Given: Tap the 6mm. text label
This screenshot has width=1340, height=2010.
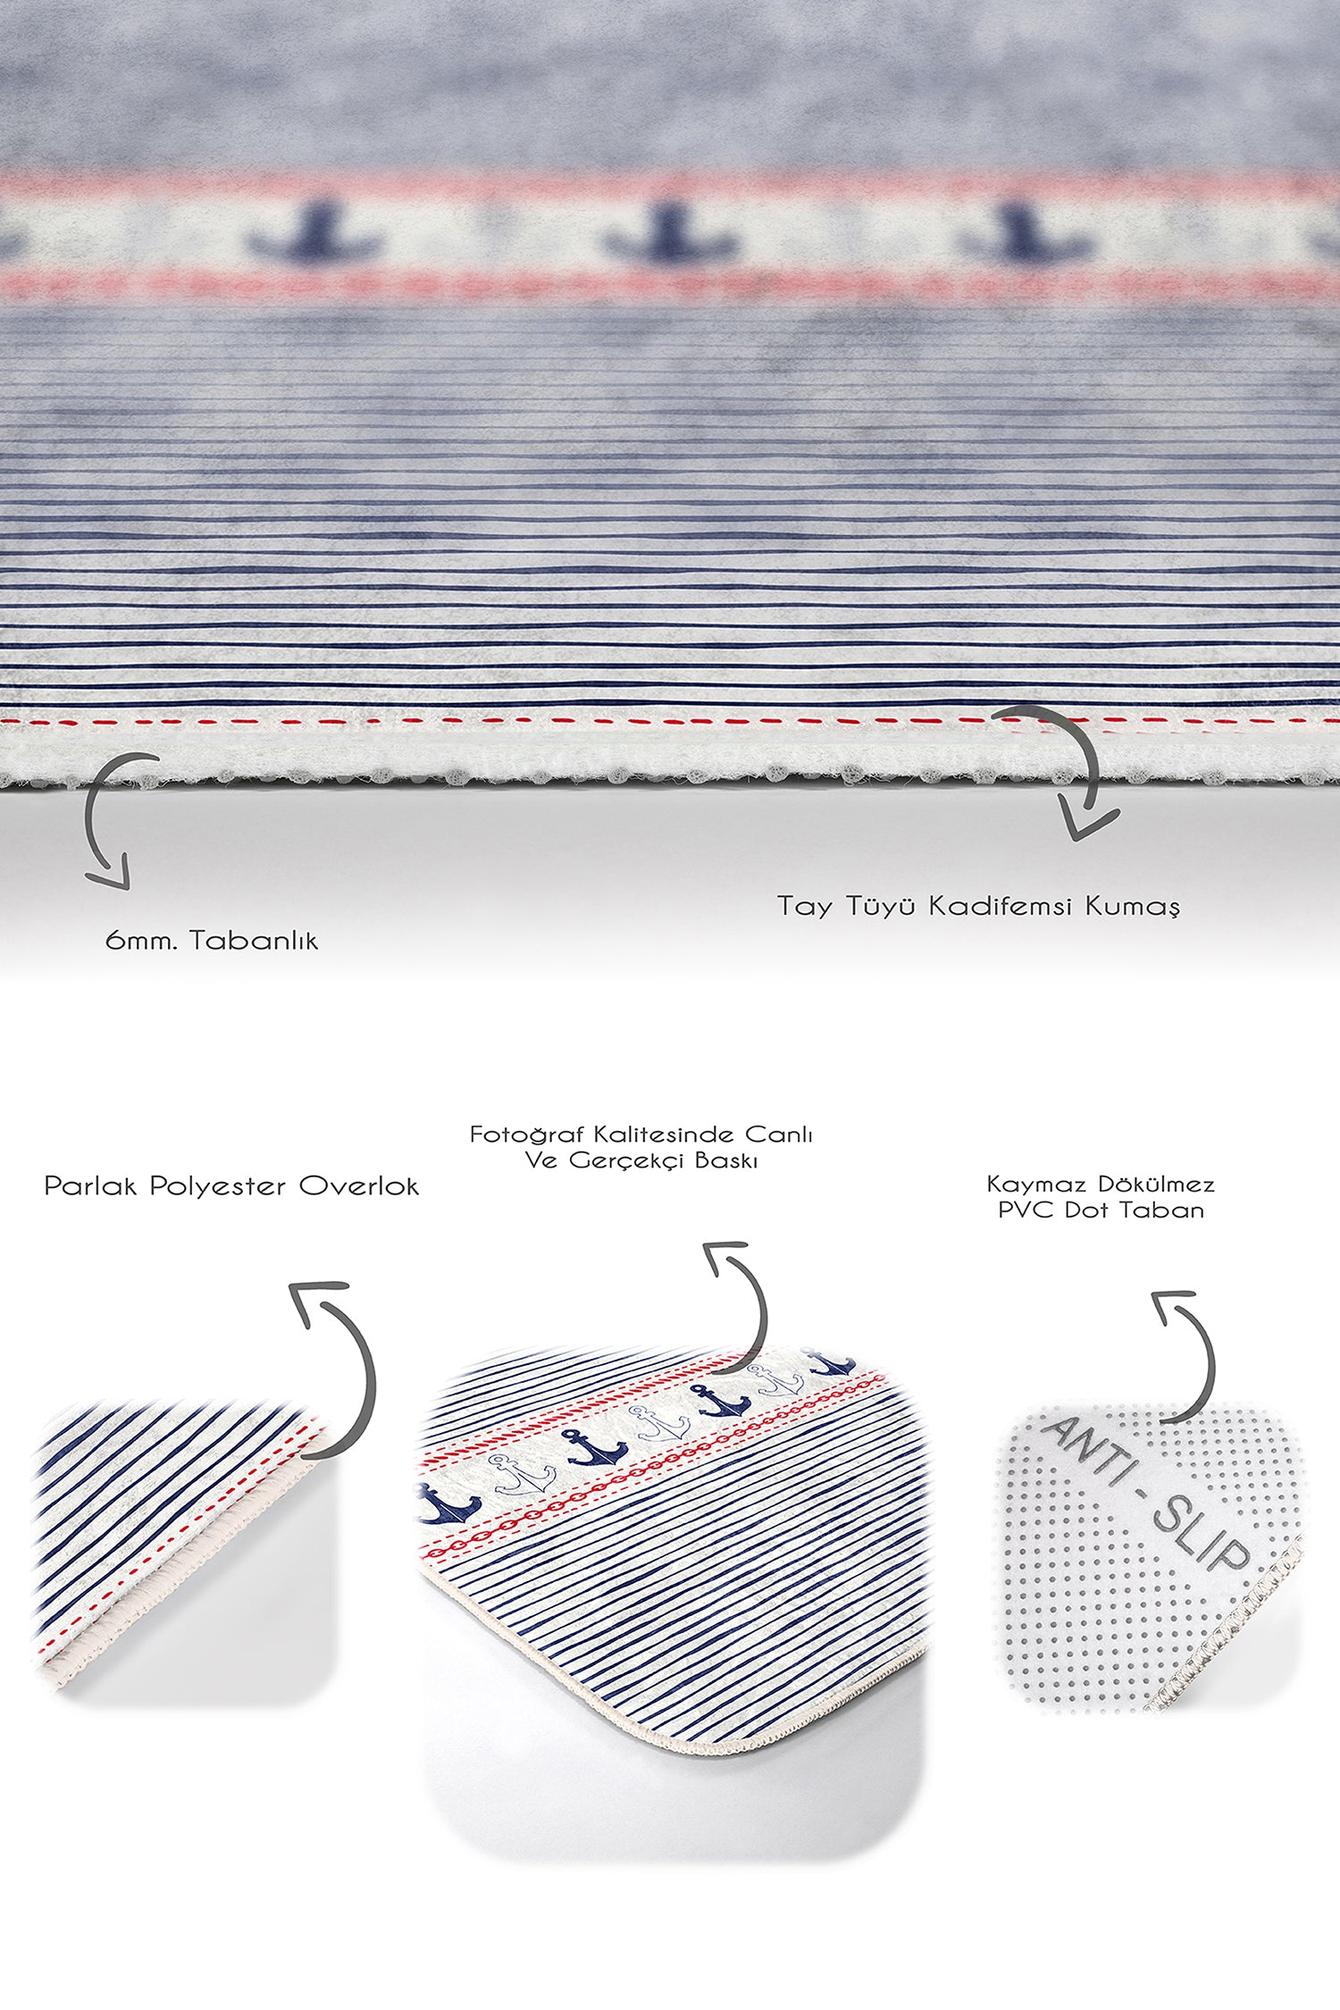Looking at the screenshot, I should click(x=141, y=941).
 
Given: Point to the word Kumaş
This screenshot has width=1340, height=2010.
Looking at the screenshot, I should click(x=1132, y=907).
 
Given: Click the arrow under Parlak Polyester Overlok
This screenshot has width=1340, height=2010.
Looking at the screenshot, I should click(x=339, y=1365).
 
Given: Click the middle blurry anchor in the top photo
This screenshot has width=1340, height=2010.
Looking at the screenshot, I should click(x=670, y=234).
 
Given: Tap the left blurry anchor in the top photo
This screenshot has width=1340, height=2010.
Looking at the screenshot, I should click(x=317, y=234).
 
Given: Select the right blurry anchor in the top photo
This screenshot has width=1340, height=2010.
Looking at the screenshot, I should click(x=1023, y=234).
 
